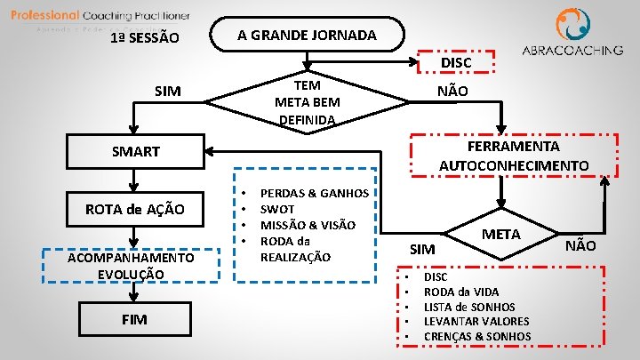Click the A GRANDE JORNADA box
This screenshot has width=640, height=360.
307,36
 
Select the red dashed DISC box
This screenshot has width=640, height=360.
456,62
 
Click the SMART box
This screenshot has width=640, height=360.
135,151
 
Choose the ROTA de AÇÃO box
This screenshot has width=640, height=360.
135,209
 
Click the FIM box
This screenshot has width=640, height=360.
135,319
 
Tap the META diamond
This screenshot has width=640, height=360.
500,235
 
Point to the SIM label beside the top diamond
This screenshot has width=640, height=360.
166,92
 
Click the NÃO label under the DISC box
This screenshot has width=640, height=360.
452,92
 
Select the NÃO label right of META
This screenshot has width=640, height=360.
581,245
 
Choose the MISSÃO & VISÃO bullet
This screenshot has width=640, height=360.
308,225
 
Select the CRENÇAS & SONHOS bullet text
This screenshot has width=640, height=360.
477,336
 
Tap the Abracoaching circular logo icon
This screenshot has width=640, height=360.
572,24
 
